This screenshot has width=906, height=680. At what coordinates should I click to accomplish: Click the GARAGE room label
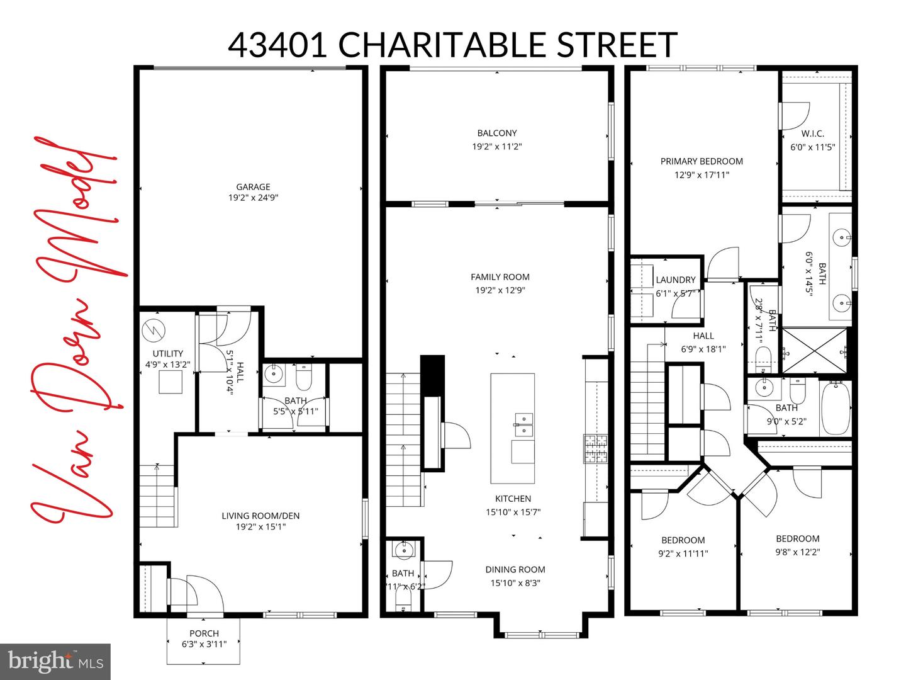tap(253, 186)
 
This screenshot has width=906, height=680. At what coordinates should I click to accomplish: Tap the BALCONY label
tap(497, 133)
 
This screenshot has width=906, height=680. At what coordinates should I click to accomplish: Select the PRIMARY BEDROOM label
tap(702, 161)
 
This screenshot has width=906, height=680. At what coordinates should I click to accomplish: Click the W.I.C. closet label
tap(812, 133)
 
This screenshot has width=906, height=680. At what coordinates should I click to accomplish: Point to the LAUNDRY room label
tap(676, 280)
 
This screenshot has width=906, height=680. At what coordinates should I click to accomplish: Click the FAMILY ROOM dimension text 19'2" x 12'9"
tap(500, 290)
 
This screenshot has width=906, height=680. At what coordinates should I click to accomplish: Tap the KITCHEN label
tap(513, 498)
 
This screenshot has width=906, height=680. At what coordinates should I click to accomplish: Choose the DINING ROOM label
tap(515, 569)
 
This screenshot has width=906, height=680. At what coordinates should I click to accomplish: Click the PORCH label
tap(204, 633)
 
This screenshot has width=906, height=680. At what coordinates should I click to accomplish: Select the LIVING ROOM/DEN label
tap(260, 516)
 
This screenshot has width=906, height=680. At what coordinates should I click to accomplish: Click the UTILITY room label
tap(168, 353)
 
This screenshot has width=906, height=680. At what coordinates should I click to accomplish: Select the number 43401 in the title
tap(277, 45)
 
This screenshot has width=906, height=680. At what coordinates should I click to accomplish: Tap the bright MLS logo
tap(55, 662)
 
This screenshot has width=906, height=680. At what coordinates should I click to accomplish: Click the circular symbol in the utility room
tap(151, 329)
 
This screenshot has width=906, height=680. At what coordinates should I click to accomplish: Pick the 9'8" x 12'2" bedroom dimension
tap(797, 552)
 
